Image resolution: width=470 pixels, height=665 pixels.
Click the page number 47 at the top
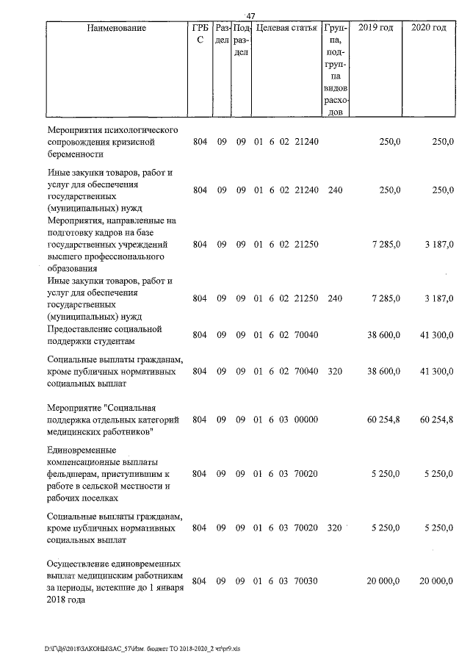[x=250, y=16]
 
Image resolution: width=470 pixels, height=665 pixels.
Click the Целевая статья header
[x=285, y=28]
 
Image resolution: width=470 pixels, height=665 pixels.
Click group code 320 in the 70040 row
[x=335, y=372]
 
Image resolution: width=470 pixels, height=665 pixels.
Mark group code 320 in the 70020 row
[x=335, y=528]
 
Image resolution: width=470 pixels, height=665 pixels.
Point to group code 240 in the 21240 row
[x=335, y=190]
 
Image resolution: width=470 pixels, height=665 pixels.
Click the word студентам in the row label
[x=118, y=341]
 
